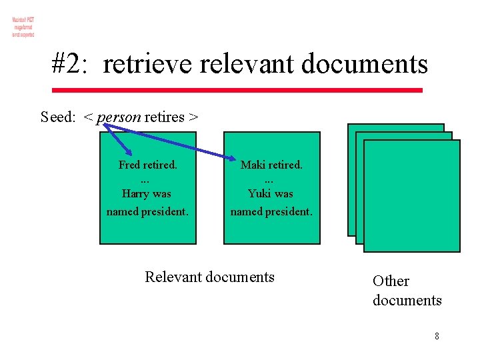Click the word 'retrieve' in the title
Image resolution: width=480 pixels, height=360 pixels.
click(x=148, y=64)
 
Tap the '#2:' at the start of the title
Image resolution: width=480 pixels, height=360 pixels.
click(x=72, y=64)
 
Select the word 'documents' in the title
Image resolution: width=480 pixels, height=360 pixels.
click(x=365, y=64)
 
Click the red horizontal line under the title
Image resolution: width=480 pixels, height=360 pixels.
click(x=237, y=90)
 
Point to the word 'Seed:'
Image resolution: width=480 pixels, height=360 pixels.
click(x=58, y=117)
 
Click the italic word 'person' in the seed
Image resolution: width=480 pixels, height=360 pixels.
click(x=119, y=118)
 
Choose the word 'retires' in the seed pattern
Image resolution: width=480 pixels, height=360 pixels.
click(x=165, y=117)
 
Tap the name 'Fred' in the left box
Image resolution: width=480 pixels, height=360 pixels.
click(x=130, y=165)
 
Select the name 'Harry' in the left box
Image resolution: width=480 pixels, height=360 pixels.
click(x=136, y=194)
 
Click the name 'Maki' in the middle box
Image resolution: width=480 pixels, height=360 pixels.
click(x=253, y=165)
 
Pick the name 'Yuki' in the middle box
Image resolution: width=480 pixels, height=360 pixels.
click(x=260, y=194)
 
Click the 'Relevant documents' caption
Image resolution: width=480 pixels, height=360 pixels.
click(x=209, y=277)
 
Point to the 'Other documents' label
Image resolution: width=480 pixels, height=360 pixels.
click(x=407, y=291)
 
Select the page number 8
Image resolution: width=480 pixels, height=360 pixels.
click(x=437, y=336)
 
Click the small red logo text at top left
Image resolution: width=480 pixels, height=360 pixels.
click(x=23, y=27)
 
